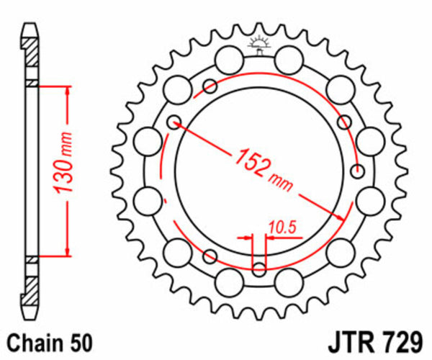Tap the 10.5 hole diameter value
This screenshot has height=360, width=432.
(x=282, y=228)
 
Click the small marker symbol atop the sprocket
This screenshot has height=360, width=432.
(x=259, y=46)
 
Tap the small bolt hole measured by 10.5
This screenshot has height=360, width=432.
(x=259, y=269)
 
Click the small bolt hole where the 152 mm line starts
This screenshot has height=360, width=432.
(x=173, y=123)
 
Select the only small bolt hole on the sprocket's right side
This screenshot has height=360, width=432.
(x=358, y=171)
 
